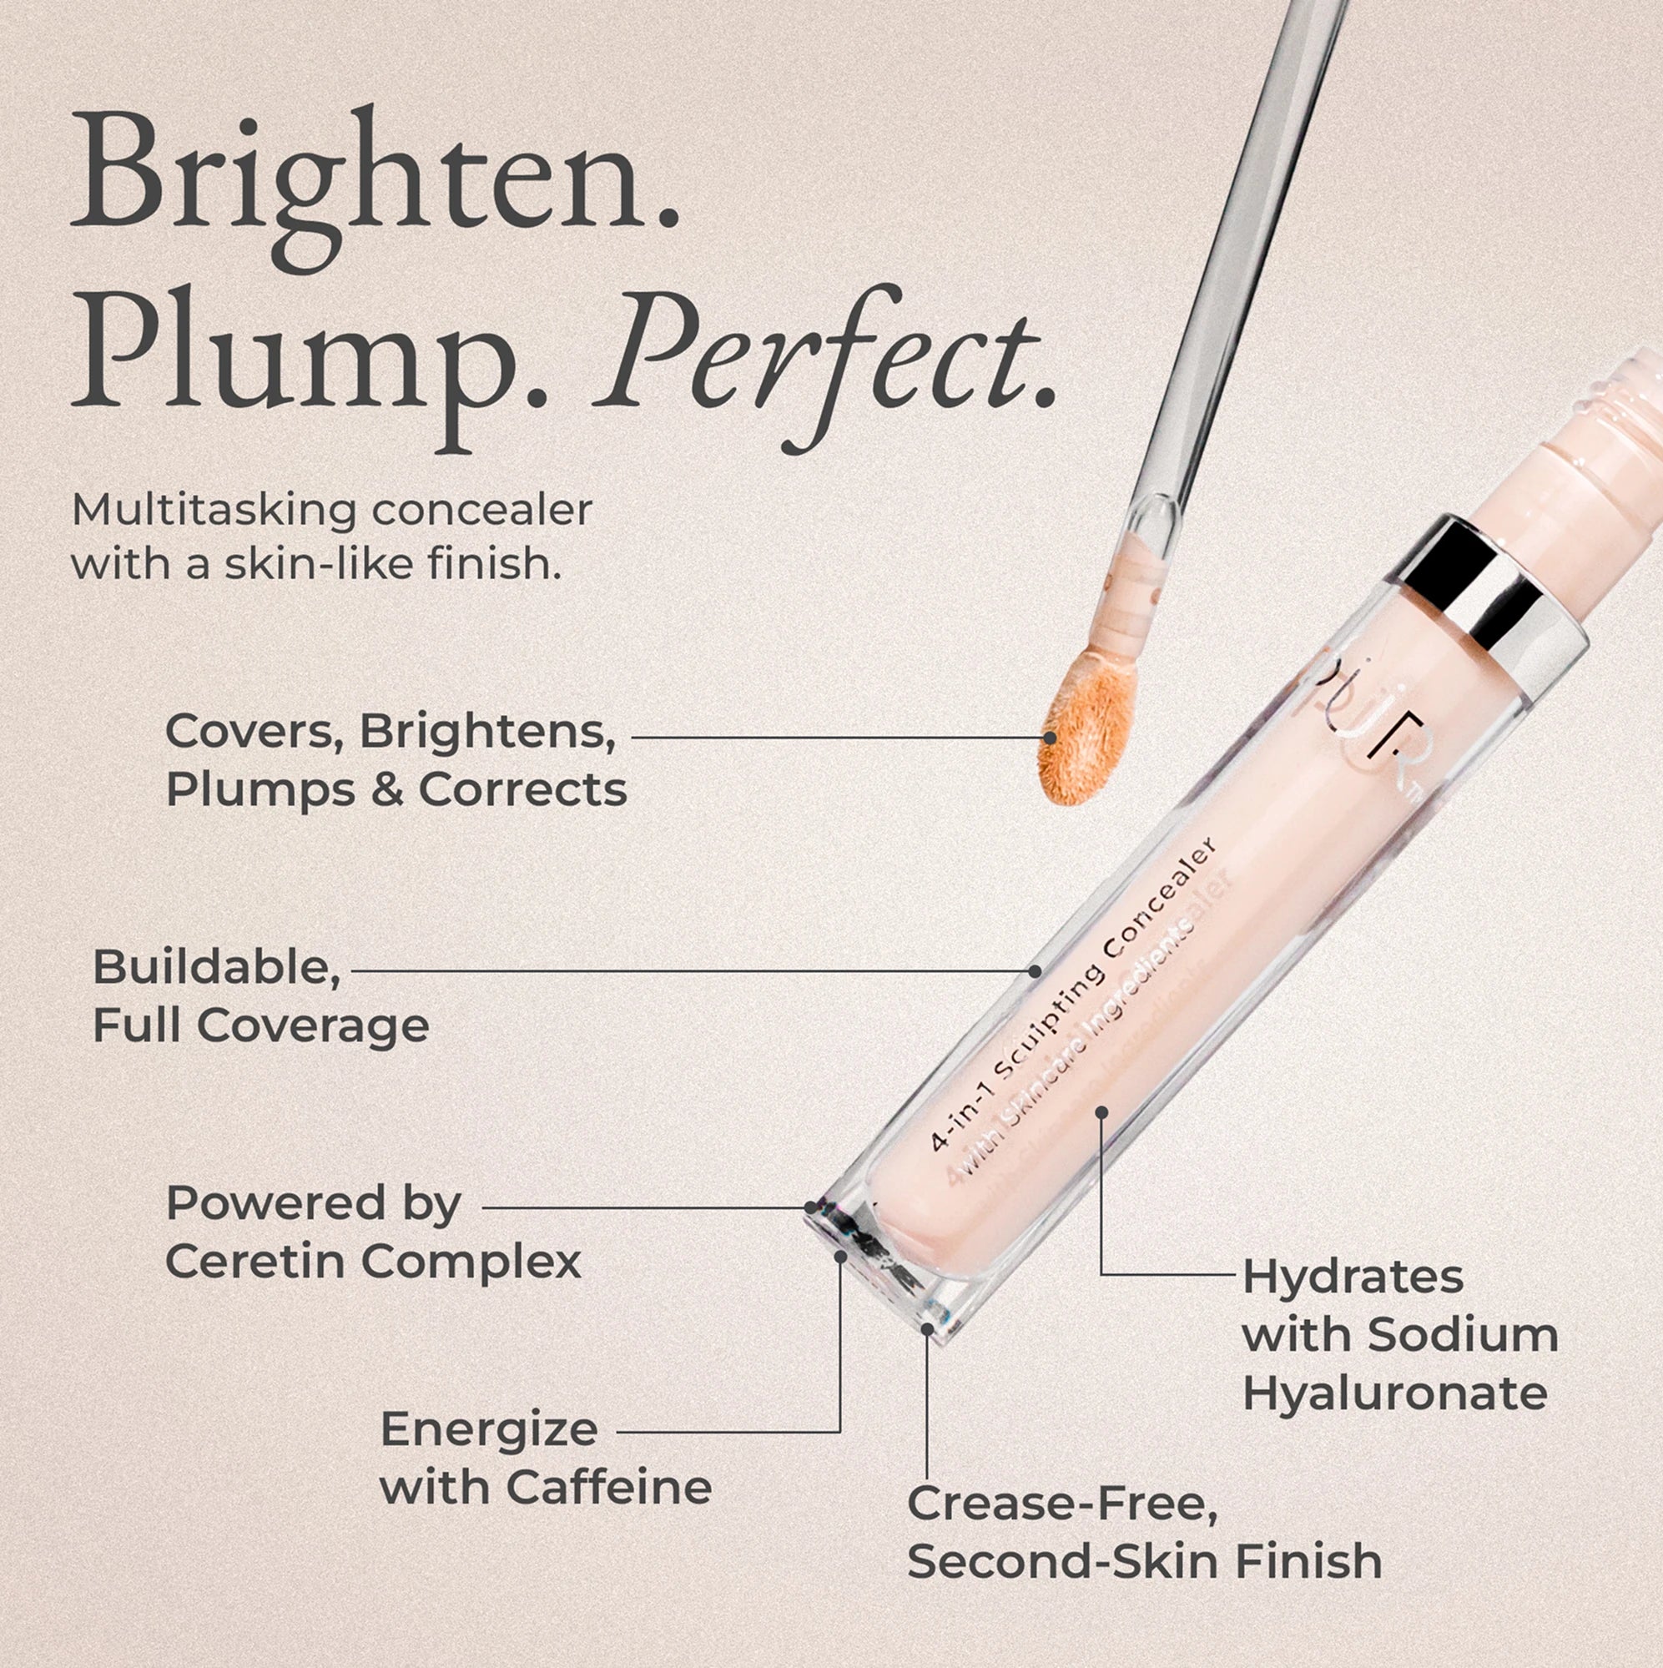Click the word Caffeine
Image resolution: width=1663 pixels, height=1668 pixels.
[609, 1487]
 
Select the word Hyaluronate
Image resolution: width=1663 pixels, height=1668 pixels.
[1394, 1393]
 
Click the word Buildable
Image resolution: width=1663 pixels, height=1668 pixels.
[216, 967]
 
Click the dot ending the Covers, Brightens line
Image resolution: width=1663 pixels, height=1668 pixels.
[1050, 738]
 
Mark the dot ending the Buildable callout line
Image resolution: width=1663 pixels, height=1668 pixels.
[1035, 970]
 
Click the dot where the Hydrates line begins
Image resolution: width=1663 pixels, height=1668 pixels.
[1101, 1112]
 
